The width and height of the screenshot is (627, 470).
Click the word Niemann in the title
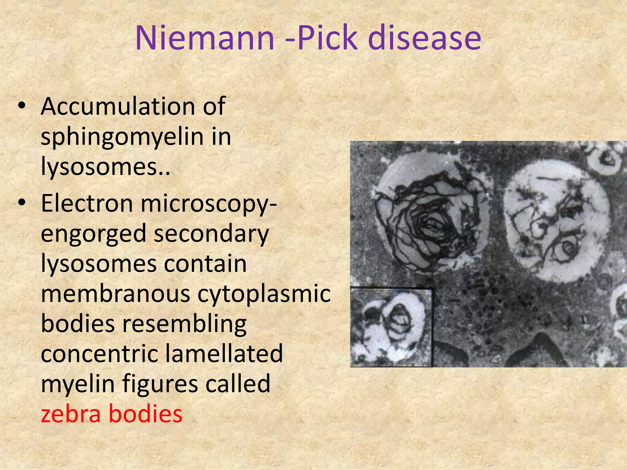coord(205,38)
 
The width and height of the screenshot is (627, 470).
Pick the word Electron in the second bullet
coord(87,203)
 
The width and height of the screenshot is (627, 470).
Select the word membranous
coord(115,294)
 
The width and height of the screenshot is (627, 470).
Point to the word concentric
coord(99,354)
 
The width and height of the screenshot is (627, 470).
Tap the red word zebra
coord(71,414)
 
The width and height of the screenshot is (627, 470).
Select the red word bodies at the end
coord(145,414)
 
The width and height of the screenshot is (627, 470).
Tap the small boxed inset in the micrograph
coord(391,327)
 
